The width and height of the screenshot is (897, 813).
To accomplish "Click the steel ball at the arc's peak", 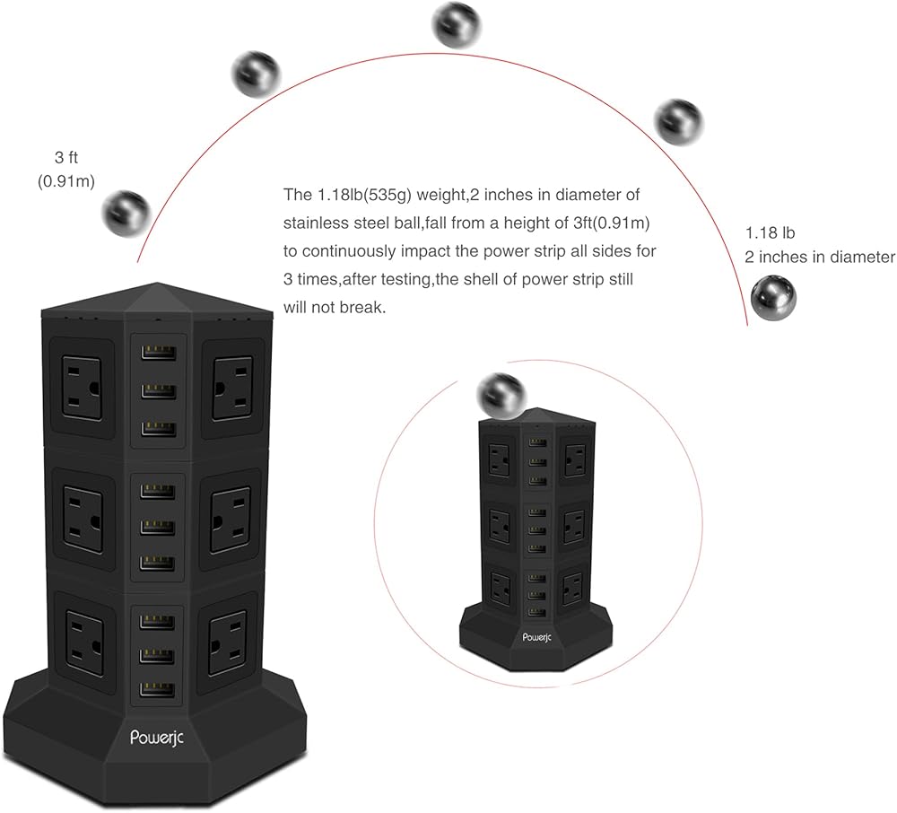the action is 457,23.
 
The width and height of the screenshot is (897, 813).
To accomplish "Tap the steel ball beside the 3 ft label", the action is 125,212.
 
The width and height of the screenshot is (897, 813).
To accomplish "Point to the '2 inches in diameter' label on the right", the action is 820,257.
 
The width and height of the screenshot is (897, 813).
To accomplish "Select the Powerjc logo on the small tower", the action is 542,638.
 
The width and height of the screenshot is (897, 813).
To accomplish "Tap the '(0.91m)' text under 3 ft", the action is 65,180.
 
